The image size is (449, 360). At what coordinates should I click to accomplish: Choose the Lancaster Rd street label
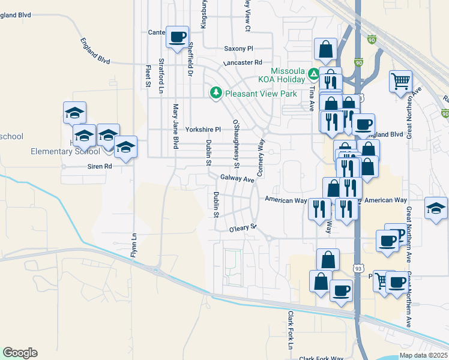tap(243, 62)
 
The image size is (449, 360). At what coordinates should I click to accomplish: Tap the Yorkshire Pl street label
tap(203, 129)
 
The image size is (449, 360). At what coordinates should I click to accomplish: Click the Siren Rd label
tap(100, 166)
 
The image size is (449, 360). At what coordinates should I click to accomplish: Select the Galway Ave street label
tap(238, 178)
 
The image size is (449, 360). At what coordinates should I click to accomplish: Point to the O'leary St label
tap(243, 229)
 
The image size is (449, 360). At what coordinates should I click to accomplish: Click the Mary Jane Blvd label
tap(176, 127)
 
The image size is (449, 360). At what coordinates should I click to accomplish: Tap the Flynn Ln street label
tap(133, 245)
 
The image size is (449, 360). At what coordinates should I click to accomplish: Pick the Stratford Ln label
tap(161, 76)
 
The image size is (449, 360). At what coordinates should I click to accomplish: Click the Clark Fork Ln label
tap(290, 331)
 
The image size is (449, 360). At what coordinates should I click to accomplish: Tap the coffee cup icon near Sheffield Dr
tap(177, 38)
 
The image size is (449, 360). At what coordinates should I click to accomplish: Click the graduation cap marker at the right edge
tap(436, 209)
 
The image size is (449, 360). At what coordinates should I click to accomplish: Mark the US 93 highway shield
tap(357, 265)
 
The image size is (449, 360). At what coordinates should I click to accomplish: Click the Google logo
tap(20, 353)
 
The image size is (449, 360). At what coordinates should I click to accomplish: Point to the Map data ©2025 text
tap(423, 355)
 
